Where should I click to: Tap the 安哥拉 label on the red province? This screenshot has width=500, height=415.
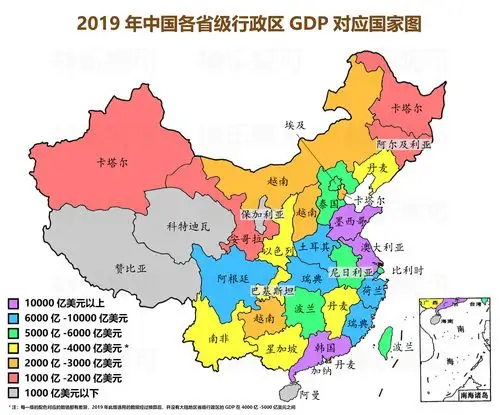click(x=221, y=240)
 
